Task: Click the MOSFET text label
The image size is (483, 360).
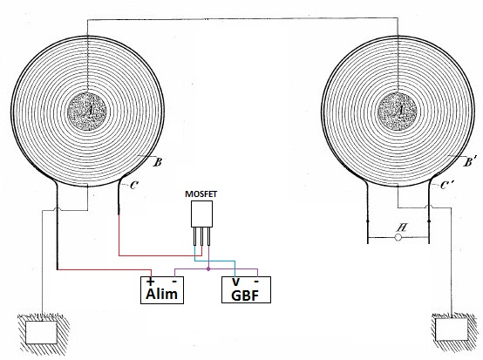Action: coord(201,194)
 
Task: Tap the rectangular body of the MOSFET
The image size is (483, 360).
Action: coord(201,214)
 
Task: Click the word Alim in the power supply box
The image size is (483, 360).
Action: coord(161,294)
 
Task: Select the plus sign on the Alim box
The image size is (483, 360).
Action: coord(150,282)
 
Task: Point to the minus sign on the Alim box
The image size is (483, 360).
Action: coord(174,282)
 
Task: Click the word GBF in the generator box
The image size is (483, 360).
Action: coord(245,295)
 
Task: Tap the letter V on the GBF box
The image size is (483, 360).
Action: coord(235,282)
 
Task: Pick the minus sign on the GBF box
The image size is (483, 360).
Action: coord(256,282)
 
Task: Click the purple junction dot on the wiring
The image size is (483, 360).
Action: coord(208,268)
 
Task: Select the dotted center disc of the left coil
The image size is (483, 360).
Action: coord(87,112)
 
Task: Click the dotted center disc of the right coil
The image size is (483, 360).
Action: coord(398,112)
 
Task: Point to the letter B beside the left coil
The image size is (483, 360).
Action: coord(158,162)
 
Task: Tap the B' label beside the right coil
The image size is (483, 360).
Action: coord(469,161)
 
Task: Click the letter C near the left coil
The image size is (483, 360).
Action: coord(134,186)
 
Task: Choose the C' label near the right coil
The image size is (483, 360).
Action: coord(446,185)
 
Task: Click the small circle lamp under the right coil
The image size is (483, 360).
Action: coord(398,237)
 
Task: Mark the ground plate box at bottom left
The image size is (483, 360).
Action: coord(41,333)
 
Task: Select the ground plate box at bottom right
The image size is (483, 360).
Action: coord(452,329)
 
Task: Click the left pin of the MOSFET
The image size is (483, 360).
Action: coord(194,236)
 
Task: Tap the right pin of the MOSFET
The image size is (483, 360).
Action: coord(209,236)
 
